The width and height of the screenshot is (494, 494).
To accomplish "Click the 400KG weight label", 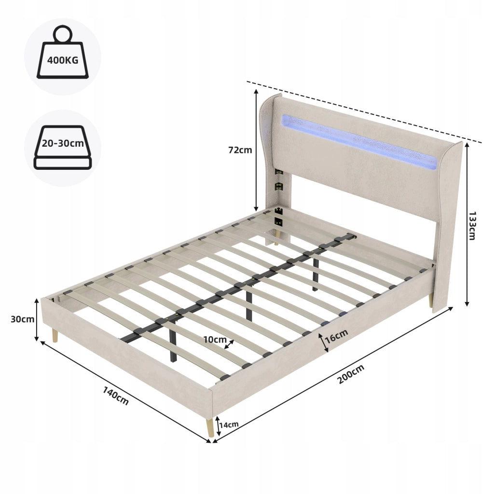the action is point(63,60).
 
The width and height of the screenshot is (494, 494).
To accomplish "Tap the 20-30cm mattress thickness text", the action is point(63,143).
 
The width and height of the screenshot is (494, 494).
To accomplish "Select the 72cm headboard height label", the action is point(240,150).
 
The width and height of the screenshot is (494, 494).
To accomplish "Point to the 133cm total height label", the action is point(472,226).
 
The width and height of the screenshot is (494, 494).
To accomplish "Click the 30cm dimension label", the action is point(22,319).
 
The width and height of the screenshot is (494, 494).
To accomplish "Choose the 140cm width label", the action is point(116,396).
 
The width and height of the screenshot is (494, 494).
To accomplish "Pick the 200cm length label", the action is point(351,374).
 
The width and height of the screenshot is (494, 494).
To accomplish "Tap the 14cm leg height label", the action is point(229,425).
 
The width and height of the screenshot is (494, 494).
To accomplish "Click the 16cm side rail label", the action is point(336,336).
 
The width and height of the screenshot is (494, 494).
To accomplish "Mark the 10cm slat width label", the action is point(215,339).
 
